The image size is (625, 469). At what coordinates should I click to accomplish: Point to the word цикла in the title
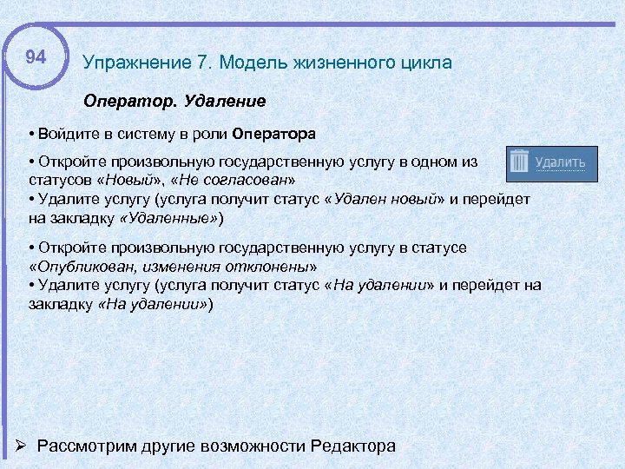coord(423,63)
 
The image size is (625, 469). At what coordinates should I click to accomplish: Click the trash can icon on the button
coord(519,162)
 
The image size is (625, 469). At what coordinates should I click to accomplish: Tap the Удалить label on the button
coord(560,162)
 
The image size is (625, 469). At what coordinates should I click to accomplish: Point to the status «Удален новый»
coord(385,199)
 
